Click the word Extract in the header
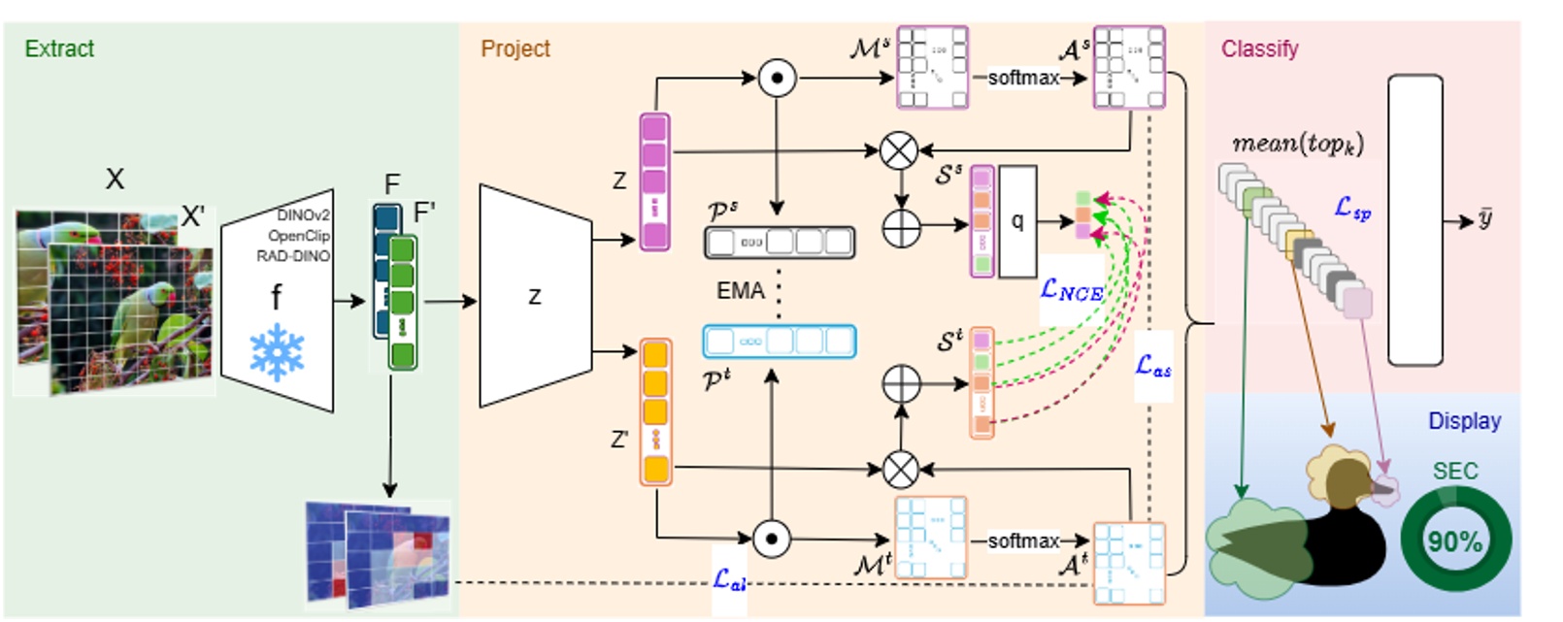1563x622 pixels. pyautogui.click(x=59, y=49)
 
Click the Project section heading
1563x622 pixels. pyautogui.click(x=515, y=49)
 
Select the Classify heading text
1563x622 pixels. pyautogui.click(x=1259, y=49)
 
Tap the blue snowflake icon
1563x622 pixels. pyautogui.click(x=277, y=352)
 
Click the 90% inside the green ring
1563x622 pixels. pyautogui.click(x=1454, y=541)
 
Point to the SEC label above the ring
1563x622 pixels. pyautogui.click(x=1454, y=472)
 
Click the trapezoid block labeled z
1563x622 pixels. pyautogui.click(x=535, y=297)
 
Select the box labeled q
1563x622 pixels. pyautogui.click(x=1017, y=221)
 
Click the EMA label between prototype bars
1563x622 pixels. pyautogui.click(x=740, y=290)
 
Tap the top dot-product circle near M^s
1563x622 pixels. pyautogui.click(x=777, y=79)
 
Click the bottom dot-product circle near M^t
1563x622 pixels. pyautogui.click(x=772, y=539)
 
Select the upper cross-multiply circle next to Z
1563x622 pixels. pyautogui.click(x=899, y=150)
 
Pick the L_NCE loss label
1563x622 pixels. pyautogui.click(x=1071, y=288)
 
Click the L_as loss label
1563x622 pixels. pyautogui.click(x=1153, y=366)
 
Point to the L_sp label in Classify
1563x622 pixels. pyautogui.click(x=1352, y=207)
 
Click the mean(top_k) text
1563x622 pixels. pyautogui.click(x=1297, y=144)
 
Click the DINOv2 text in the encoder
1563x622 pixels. pyautogui.click(x=303, y=215)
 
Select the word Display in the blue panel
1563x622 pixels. pyautogui.click(x=1463, y=421)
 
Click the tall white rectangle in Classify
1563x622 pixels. pyautogui.click(x=1414, y=220)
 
